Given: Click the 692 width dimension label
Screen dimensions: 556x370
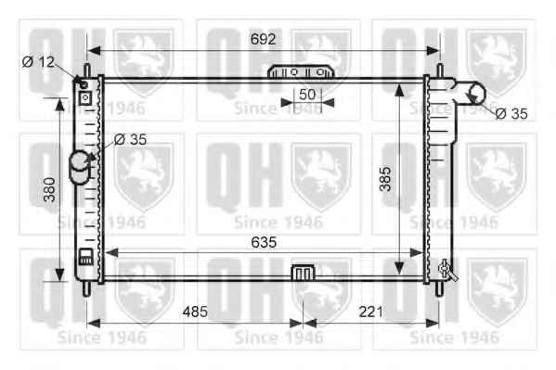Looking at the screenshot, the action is [263, 39].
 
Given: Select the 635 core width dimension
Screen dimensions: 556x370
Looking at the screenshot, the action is [264, 242].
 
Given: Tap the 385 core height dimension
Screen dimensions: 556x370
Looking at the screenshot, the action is [385, 179].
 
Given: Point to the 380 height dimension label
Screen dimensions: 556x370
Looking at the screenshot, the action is [49, 189].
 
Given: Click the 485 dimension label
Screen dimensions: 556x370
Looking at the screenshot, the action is [195, 312].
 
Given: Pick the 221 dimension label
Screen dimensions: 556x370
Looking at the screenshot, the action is [370, 312].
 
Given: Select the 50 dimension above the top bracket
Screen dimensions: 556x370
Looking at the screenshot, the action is [307, 95].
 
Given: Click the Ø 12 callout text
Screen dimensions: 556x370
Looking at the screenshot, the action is [38, 62].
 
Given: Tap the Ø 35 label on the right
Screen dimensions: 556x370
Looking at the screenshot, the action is [511, 114].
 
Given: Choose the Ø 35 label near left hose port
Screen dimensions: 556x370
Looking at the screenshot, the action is [131, 140].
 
